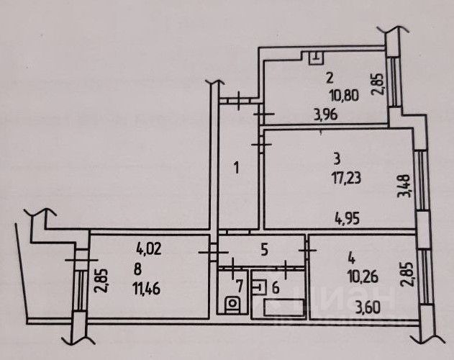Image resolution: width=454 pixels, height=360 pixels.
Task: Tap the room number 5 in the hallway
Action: click(x=264, y=251)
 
